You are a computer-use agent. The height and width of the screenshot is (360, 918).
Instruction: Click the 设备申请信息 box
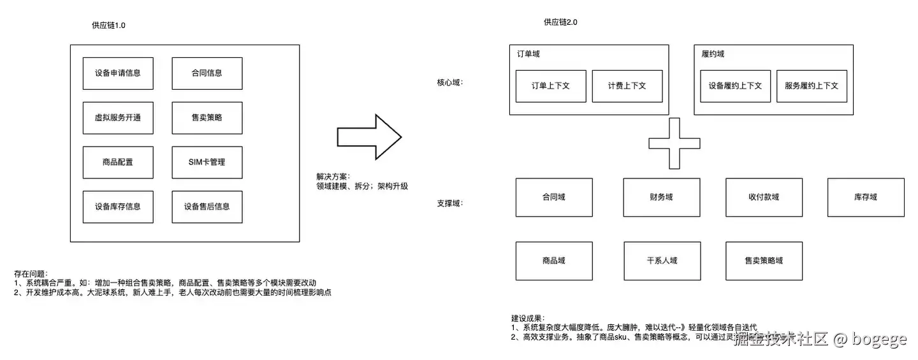coord(118,73)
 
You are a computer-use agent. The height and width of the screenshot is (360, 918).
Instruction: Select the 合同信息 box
coord(207,73)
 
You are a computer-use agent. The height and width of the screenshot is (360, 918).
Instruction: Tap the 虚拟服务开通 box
coord(118,118)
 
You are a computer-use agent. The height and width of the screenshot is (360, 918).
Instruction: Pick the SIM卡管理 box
coord(207,162)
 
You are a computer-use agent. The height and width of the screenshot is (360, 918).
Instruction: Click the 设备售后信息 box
coord(207,207)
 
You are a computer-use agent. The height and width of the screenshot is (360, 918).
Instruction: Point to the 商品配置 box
coord(118,162)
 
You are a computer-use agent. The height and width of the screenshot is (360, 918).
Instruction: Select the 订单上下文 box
coord(550,86)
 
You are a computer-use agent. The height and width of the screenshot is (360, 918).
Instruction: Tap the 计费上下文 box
coord(627,86)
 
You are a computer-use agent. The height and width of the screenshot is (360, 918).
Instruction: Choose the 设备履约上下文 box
coord(735,86)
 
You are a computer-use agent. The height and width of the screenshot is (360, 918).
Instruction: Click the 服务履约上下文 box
coord(812,86)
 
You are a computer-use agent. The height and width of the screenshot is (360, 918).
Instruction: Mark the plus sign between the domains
coord(674,143)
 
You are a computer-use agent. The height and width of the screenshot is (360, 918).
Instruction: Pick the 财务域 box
coord(661,198)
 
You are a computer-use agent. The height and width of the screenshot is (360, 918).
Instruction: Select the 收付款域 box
coord(764,198)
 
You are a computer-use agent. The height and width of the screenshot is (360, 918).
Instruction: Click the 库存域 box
coord(866,198)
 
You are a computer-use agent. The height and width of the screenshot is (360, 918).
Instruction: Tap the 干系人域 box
coord(662,261)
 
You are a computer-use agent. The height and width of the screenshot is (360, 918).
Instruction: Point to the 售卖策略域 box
coord(764,261)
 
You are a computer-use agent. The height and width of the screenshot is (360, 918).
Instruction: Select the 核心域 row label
coord(449,83)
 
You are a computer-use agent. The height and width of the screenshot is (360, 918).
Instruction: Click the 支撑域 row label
coord(449,204)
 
